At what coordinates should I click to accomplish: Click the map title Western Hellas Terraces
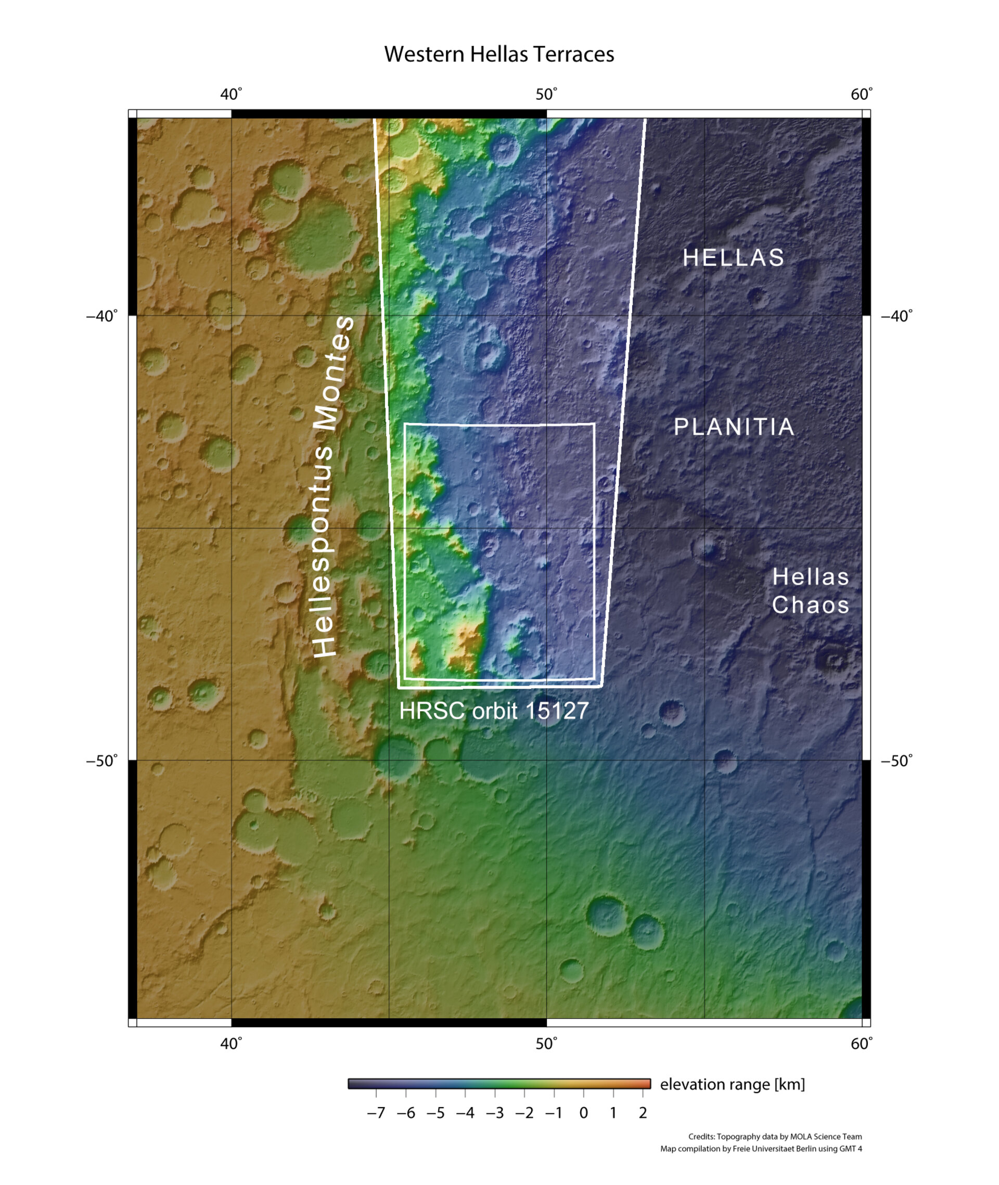[499, 54]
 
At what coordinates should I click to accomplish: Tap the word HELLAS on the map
[734, 258]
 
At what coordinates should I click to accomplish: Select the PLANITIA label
[734, 427]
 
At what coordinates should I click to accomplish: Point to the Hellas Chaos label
[811, 591]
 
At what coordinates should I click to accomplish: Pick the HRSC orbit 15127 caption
[494, 711]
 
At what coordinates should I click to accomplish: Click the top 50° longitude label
[546, 95]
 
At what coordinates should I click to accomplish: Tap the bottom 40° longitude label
[231, 1044]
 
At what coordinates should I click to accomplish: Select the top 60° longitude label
[862, 95]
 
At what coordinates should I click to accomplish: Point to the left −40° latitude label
[102, 316]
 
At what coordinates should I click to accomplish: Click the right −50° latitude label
[896, 761]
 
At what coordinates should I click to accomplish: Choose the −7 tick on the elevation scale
[376, 1113]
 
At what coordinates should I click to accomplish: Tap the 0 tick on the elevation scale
[583, 1113]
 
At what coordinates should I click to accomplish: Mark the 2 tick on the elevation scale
[643, 1113]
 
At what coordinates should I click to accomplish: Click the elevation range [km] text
[732, 1084]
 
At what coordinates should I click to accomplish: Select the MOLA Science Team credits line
[775, 1136]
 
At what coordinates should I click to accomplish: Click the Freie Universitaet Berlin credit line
[761, 1149]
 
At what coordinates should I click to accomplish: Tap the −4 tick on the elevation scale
[465, 1113]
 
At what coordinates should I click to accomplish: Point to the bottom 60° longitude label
[862, 1044]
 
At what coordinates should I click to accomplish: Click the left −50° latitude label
[102, 761]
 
